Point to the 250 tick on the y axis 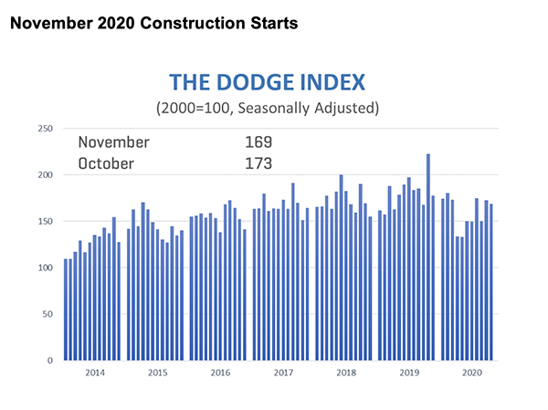[x=44, y=129]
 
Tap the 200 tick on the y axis [x=44, y=175]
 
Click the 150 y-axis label [x=44, y=222]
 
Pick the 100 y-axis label [x=44, y=268]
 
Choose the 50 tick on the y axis [x=47, y=314]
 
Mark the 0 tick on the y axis [x=49, y=361]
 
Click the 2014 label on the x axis [x=92, y=373]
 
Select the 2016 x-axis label [x=219, y=373]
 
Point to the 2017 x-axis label [x=282, y=373]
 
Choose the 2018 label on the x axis [x=345, y=373]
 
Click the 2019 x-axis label [x=408, y=373]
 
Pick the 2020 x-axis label [x=471, y=373]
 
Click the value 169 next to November [x=259, y=142]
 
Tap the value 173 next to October [x=259, y=163]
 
